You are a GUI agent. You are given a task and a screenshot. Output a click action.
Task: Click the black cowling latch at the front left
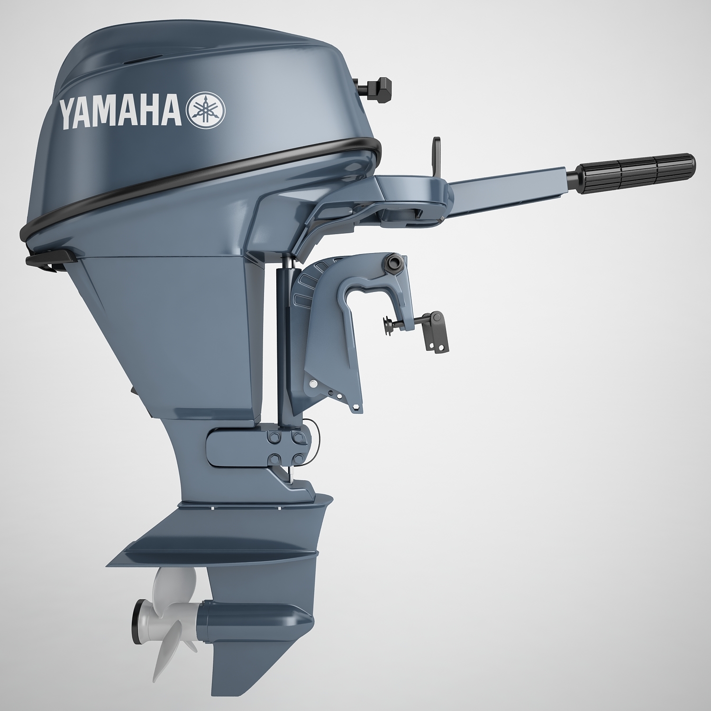pyautogui.click(x=51, y=259)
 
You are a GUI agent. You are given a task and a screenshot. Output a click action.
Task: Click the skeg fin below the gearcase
pyautogui.click(x=235, y=664)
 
